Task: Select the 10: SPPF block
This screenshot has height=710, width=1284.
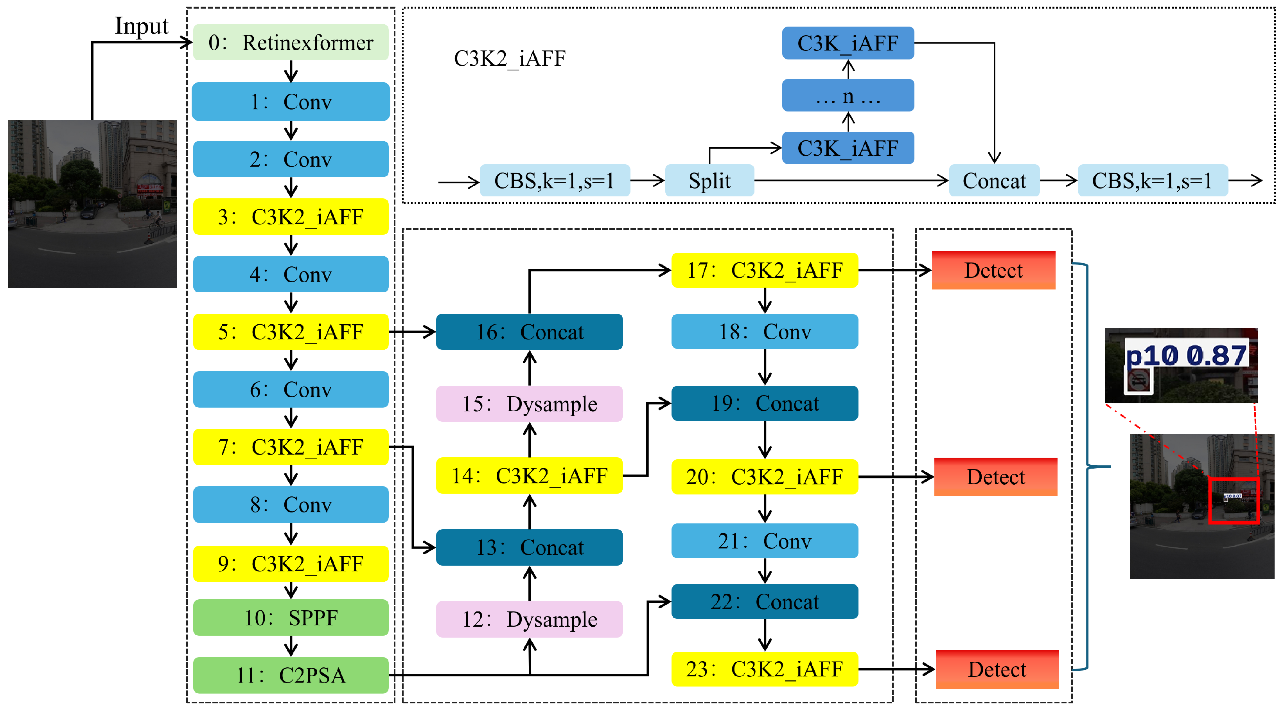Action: coord(291,617)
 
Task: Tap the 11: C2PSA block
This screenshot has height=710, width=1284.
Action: coord(291,675)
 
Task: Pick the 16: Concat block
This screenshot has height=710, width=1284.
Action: coord(529,332)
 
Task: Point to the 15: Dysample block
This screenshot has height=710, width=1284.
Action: coord(529,403)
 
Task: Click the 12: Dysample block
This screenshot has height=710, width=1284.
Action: coord(529,619)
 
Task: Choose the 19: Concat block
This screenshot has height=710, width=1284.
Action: coord(765,403)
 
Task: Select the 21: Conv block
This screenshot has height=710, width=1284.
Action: coord(765,541)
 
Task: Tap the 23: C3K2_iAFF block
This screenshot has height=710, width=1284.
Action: coord(765,669)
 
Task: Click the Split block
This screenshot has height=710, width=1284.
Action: coord(709,180)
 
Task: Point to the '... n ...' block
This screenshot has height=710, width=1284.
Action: coord(848,95)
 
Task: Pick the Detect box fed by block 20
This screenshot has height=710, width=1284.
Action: coord(995,476)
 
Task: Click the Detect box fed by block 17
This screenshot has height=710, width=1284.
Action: coord(993,270)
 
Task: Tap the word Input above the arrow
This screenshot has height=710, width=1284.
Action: coord(142,26)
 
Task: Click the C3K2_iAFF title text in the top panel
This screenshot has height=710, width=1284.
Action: coord(509,58)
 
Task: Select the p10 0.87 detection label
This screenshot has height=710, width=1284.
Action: coord(1186,356)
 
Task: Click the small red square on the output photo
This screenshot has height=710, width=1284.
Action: coord(1234,500)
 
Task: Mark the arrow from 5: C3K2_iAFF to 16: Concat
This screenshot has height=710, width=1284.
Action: coord(412,332)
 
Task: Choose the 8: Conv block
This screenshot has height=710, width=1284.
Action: coord(291,504)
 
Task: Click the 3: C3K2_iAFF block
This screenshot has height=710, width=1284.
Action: coord(291,216)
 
